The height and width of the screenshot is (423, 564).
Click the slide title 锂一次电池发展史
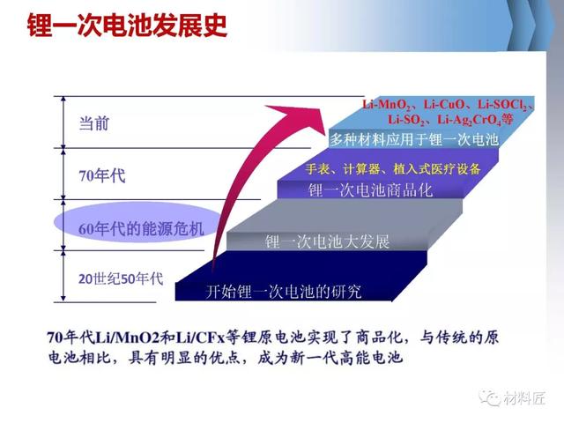(127, 26)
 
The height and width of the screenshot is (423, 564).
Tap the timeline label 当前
(94, 123)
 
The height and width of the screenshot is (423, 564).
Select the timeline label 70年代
(102, 176)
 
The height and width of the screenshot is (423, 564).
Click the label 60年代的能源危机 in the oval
(141, 229)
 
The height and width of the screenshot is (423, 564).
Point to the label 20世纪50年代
(121, 278)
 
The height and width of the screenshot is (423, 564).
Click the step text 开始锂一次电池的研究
(284, 292)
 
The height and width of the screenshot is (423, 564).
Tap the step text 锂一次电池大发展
(327, 241)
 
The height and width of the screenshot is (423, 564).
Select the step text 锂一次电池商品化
(370, 190)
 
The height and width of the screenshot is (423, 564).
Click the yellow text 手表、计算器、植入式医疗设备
(393, 168)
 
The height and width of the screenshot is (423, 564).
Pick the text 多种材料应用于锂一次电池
(414, 139)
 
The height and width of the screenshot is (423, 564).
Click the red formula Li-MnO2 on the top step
(386, 105)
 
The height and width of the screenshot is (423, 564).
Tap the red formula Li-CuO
(444, 105)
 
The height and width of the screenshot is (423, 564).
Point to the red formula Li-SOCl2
(502, 105)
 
